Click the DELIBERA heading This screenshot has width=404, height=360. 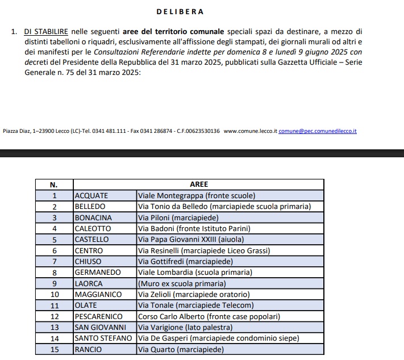click(180, 11)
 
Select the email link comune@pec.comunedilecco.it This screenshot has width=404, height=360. click(318, 131)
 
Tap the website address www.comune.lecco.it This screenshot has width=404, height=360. click(250, 131)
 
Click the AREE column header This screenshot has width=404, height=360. click(199, 185)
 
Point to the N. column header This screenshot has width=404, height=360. click(54, 185)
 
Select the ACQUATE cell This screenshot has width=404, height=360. click(91, 195)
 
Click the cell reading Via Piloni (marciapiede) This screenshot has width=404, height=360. click(178, 217)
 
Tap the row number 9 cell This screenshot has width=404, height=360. click(54, 283)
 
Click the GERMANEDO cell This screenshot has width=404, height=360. click(98, 273)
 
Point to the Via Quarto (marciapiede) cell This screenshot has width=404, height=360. click(181, 350)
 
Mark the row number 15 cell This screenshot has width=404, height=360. click(54, 350)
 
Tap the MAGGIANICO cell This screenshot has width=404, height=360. click(98, 295)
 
